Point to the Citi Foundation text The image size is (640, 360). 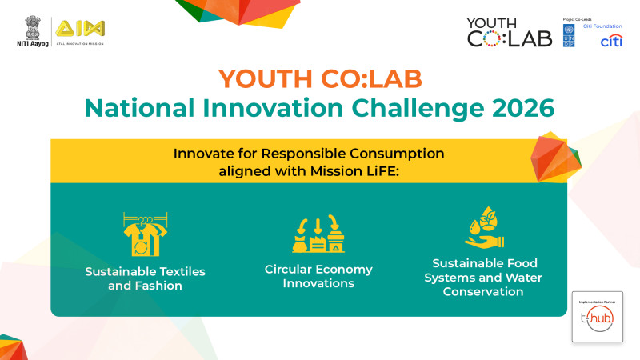coord(601,26)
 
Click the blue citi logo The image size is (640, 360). coord(610,41)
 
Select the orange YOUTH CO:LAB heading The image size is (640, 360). coord(320,78)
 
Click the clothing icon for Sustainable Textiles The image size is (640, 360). coord(145,235)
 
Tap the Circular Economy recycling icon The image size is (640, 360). coord(318,234)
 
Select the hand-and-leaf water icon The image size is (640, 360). coord(485,229)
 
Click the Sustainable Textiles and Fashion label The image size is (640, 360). coord(145,278)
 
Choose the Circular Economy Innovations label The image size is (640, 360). coord(318,276)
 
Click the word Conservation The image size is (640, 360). coord(485,291)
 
